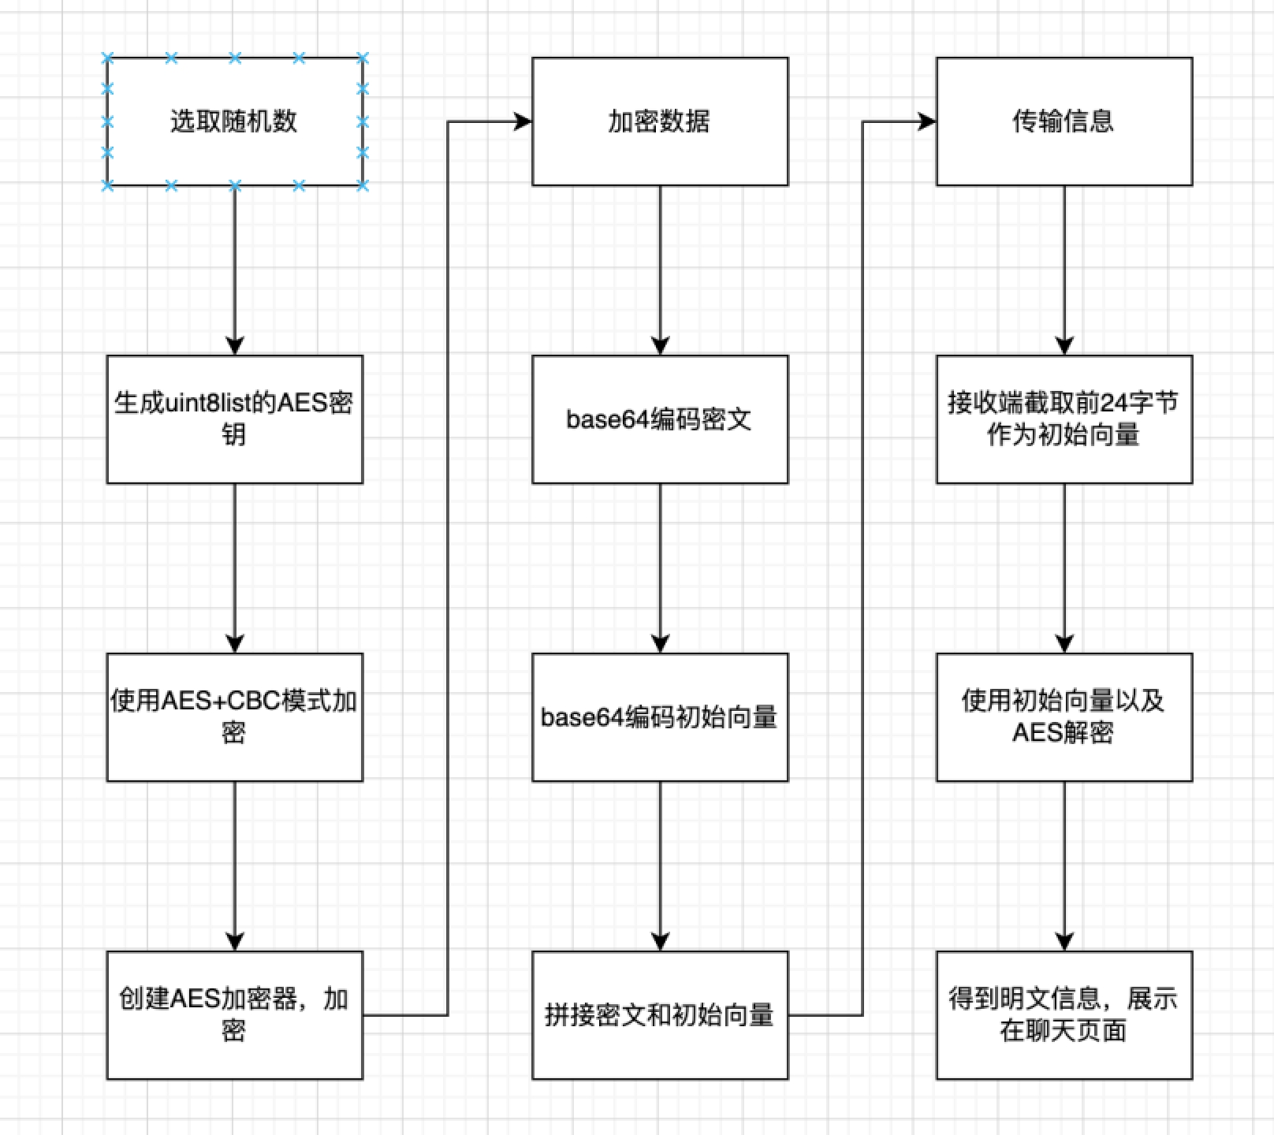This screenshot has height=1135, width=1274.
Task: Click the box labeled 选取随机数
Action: [234, 121]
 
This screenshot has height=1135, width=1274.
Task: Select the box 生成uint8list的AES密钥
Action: [234, 419]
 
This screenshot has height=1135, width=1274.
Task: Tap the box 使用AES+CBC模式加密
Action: [234, 716]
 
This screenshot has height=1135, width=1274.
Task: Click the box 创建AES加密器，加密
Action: [234, 1014]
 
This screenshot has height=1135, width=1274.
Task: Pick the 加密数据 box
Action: [660, 121]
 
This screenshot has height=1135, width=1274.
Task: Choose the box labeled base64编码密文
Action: [660, 419]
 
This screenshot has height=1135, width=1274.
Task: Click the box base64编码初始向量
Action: [660, 716]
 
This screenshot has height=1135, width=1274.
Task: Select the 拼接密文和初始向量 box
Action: [660, 1014]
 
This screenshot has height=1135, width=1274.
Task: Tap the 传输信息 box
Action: [1064, 121]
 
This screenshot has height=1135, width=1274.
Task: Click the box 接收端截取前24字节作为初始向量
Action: [1064, 419]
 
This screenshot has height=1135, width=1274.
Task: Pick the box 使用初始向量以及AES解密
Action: [1064, 716]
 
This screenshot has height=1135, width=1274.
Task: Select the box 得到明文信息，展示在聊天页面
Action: [1064, 1014]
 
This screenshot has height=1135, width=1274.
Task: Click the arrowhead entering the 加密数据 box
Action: [523, 121]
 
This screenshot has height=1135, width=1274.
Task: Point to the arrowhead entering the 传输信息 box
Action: [927, 121]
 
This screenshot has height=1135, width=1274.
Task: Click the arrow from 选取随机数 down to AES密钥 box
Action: [234, 268]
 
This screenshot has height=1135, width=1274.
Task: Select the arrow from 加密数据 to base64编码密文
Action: [660, 268]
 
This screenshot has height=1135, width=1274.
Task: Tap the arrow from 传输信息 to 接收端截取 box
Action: [1064, 268]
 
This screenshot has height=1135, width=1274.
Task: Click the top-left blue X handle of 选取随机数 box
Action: [108, 58]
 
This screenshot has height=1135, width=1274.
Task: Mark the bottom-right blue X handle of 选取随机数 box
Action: [362, 185]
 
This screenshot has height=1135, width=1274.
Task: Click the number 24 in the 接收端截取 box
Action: [1115, 403]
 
